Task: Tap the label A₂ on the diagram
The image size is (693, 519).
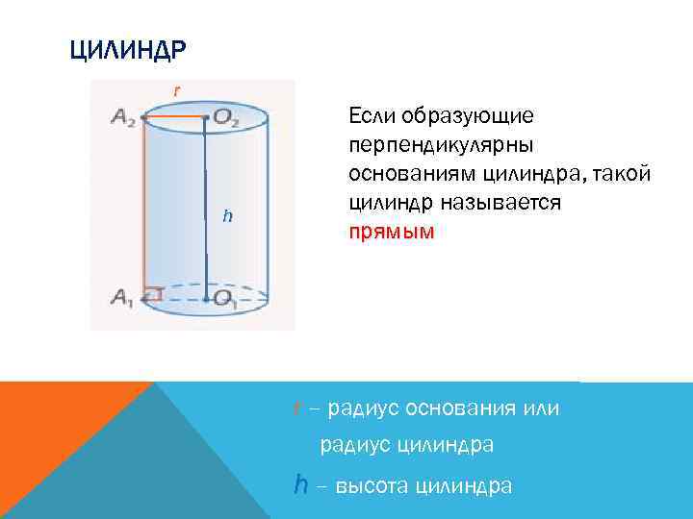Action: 122,117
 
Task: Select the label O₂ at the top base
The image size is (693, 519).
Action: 227,117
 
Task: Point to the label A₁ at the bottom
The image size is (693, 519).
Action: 121,299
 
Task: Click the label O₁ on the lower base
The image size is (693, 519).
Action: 226,299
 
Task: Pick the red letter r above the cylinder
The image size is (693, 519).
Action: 175,89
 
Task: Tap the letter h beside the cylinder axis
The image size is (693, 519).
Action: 227,215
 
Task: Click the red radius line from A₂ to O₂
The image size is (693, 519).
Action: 174,117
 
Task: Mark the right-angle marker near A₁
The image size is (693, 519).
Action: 153,292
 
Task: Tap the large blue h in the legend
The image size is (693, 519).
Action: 301,484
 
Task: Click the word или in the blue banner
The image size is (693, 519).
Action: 541,409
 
